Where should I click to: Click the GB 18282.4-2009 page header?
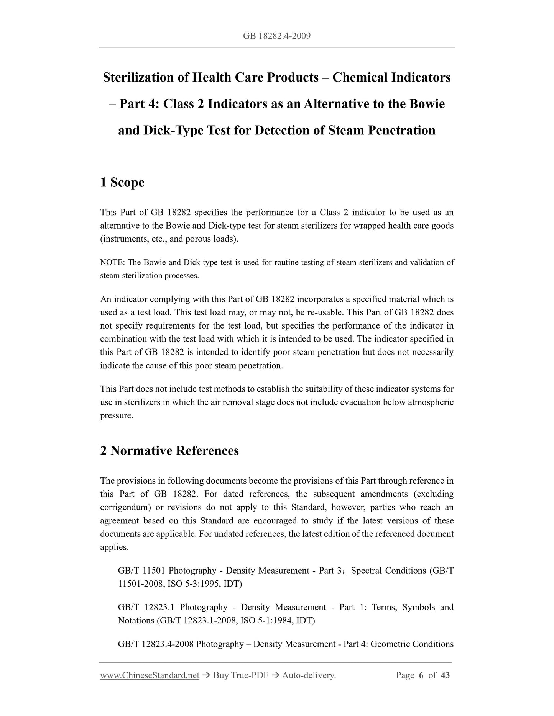click(276, 36)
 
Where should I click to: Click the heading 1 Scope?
click(122, 182)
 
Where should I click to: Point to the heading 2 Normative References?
click(169, 451)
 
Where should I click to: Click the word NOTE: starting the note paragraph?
click(112, 262)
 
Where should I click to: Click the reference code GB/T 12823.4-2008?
click(156, 644)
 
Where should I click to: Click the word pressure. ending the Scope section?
click(117, 415)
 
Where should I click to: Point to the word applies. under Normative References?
click(114, 547)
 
